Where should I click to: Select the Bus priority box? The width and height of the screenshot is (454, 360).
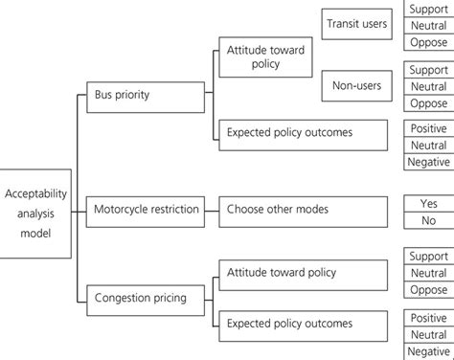click(x=145, y=96)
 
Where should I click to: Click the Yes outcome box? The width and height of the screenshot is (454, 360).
click(x=428, y=204)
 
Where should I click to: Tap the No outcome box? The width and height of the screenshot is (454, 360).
click(x=428, y=220)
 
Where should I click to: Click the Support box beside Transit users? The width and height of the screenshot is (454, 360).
click(x=428, y=9)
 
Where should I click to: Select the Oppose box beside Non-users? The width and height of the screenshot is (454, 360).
click(x=428, y=102)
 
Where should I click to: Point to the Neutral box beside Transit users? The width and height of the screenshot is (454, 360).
click(x=428, y=26)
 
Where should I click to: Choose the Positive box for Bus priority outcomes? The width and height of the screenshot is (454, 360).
click(x=428, y=128)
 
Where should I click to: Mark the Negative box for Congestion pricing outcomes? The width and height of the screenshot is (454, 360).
click(x=428, y=352)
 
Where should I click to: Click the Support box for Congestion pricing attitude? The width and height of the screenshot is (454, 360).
click(x=428, y=257)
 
